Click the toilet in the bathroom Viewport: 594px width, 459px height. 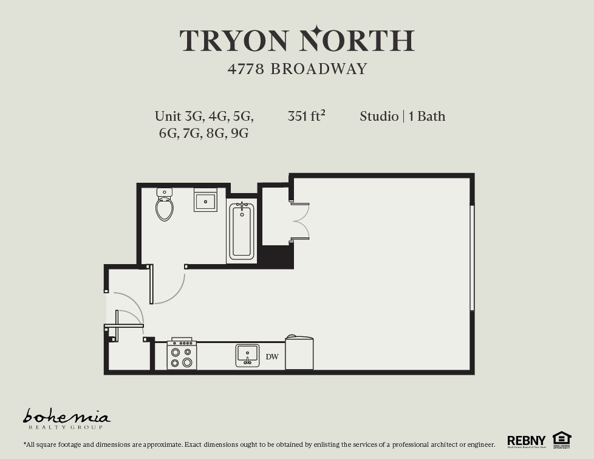(165, 205)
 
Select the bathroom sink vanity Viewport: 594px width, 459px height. (205, 200)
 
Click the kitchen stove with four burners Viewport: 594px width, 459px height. (182, 355)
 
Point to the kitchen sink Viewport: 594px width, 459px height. (247, 355)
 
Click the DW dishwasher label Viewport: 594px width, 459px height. (272, 356)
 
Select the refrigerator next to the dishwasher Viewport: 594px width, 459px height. (299, 354)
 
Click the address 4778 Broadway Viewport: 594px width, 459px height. (298, 69)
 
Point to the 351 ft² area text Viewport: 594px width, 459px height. (306, 116)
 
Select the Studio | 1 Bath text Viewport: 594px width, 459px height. (402, 116)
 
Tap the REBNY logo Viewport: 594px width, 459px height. (526, 441)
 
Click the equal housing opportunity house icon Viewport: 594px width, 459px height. (562, 439)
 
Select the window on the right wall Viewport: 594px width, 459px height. (472, 258)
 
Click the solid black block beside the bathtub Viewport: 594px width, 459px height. (277, 256)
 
